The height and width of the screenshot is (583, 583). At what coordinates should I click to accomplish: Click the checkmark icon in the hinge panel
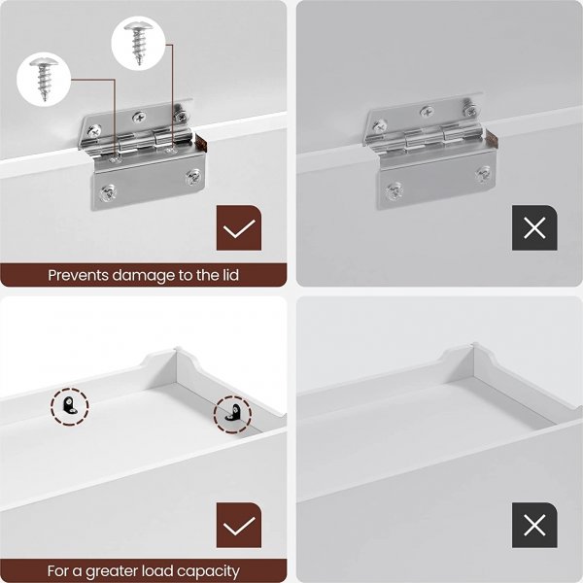point(239,227)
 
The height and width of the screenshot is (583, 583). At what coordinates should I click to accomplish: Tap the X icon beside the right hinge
point(534,227)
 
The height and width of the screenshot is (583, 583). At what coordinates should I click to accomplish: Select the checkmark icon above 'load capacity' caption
point(239,525)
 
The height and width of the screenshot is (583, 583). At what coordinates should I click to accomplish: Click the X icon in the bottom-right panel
point(534,525)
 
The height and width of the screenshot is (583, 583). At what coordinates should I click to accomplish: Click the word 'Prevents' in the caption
point(79,276)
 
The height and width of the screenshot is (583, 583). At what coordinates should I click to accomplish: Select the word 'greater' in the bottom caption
point(109,571)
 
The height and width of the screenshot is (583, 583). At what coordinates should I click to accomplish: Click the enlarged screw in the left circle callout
point(45,79)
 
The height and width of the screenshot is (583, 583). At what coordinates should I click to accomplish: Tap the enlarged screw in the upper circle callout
point(139,43)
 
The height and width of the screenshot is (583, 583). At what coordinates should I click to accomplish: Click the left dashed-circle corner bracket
point(70,406)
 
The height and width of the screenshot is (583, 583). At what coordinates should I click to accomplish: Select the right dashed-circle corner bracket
point(233,414)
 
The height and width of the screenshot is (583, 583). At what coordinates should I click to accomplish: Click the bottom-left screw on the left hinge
point(108,192)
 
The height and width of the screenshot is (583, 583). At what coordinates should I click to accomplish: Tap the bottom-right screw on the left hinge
point(193,177)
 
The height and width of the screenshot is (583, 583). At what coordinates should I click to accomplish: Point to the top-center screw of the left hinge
point(139,117)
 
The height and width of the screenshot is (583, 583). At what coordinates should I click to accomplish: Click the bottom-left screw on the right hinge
point(394,190)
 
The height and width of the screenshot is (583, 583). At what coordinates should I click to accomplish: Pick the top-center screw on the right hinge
point(427,111)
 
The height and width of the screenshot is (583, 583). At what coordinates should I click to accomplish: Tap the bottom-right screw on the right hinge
point(483,174)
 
